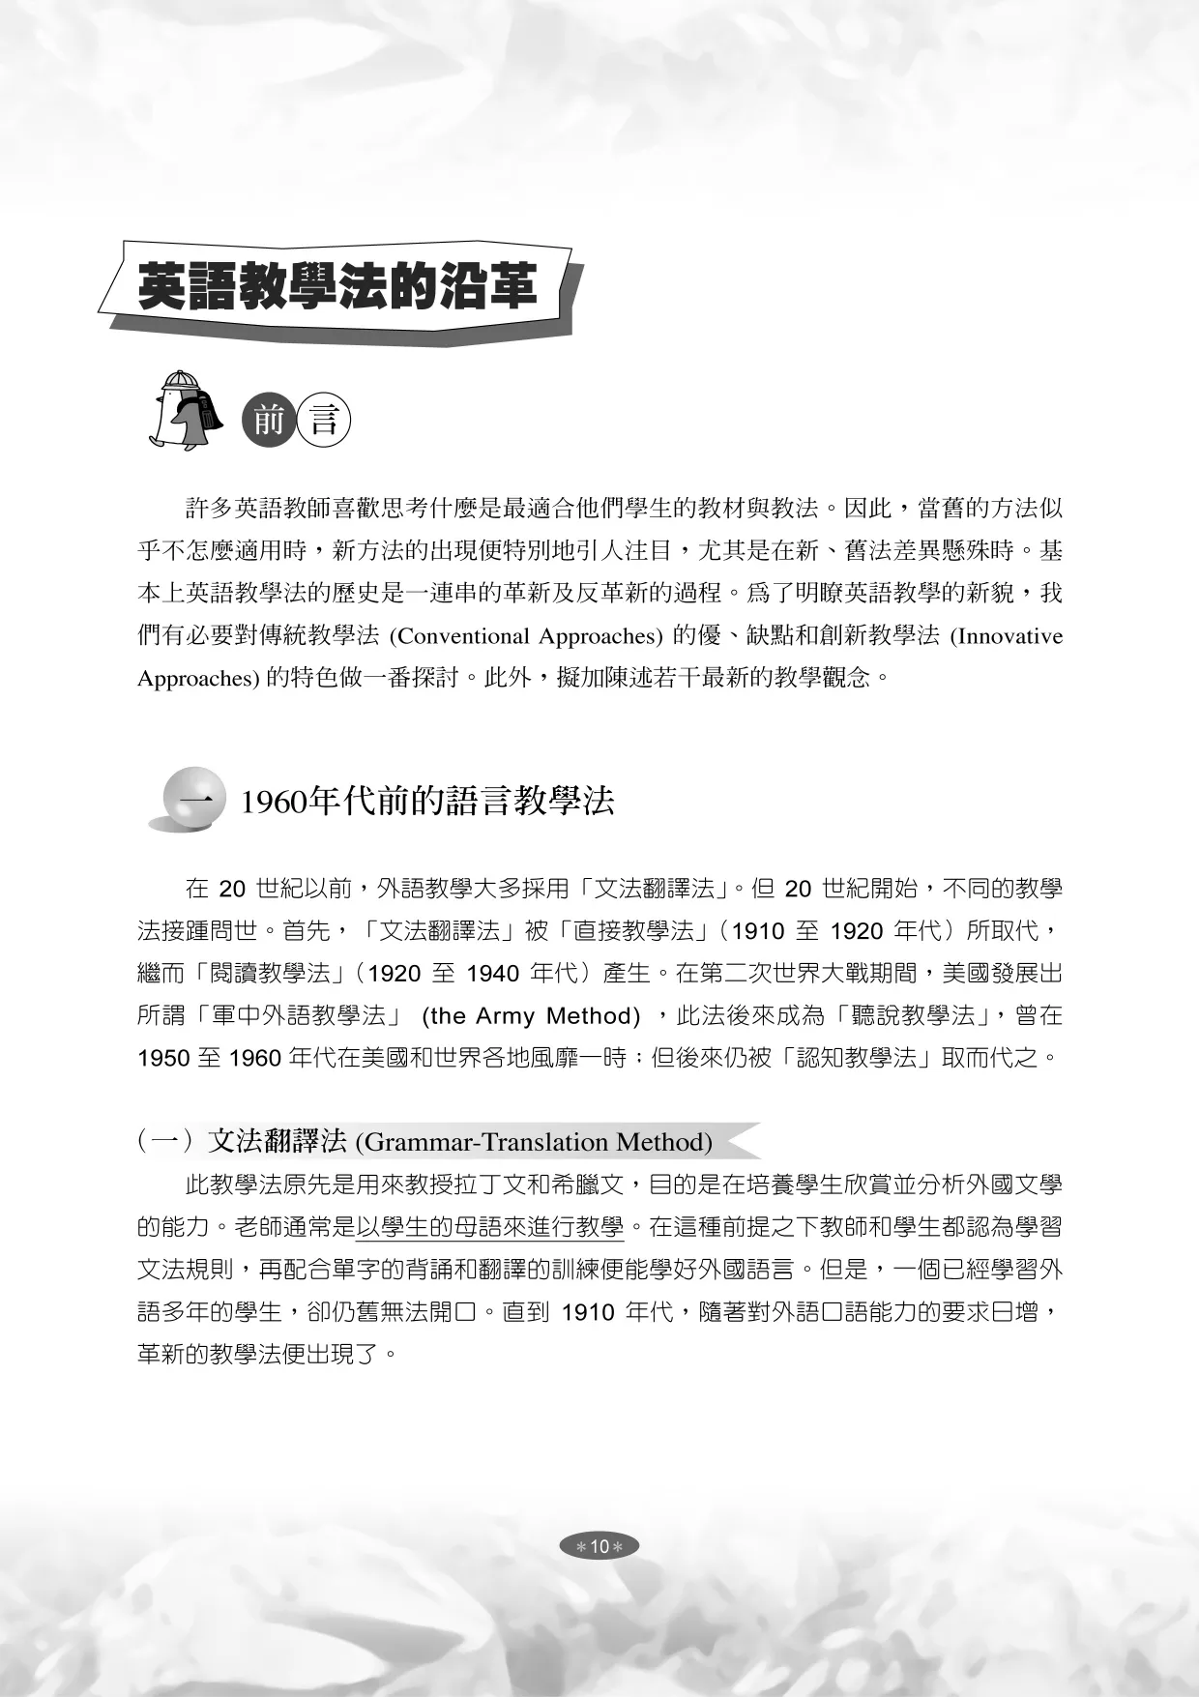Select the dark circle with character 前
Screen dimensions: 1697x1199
pos(269,421)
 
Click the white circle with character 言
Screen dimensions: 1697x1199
pos(323,421)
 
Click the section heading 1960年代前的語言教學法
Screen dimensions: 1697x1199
pos(426,802)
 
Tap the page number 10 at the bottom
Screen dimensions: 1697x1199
pos(599,1546)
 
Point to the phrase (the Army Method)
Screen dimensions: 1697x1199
pos(531,1015)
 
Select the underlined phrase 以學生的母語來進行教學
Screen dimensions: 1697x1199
pos(490,1227)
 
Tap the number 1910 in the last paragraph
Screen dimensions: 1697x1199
pos(588,1312)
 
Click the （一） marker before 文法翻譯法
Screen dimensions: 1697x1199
pos(169,1142)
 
